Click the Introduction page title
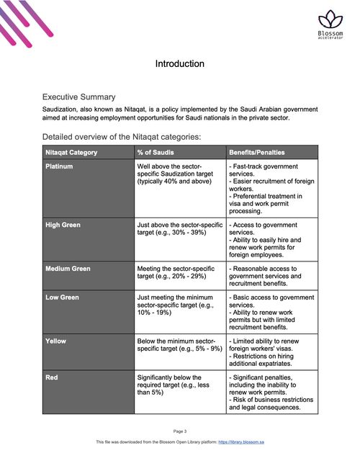click(x=179, y=64)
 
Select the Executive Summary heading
click(x=79, y=97)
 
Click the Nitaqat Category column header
click(x=71, y=152)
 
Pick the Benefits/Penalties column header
click(x=256, y=152)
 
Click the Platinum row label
click(x=59, y=166)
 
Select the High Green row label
click(x=63, y=225)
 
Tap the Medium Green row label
click(x=68, y=269)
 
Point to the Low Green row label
click(x=62, y=297)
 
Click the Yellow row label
click(x=56, y=340)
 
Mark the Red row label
click(x=52, y=377)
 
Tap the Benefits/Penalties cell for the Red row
click(x=271, y=393)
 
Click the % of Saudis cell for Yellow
click(x=176, y=344)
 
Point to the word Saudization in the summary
click(x=65, y=109)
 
